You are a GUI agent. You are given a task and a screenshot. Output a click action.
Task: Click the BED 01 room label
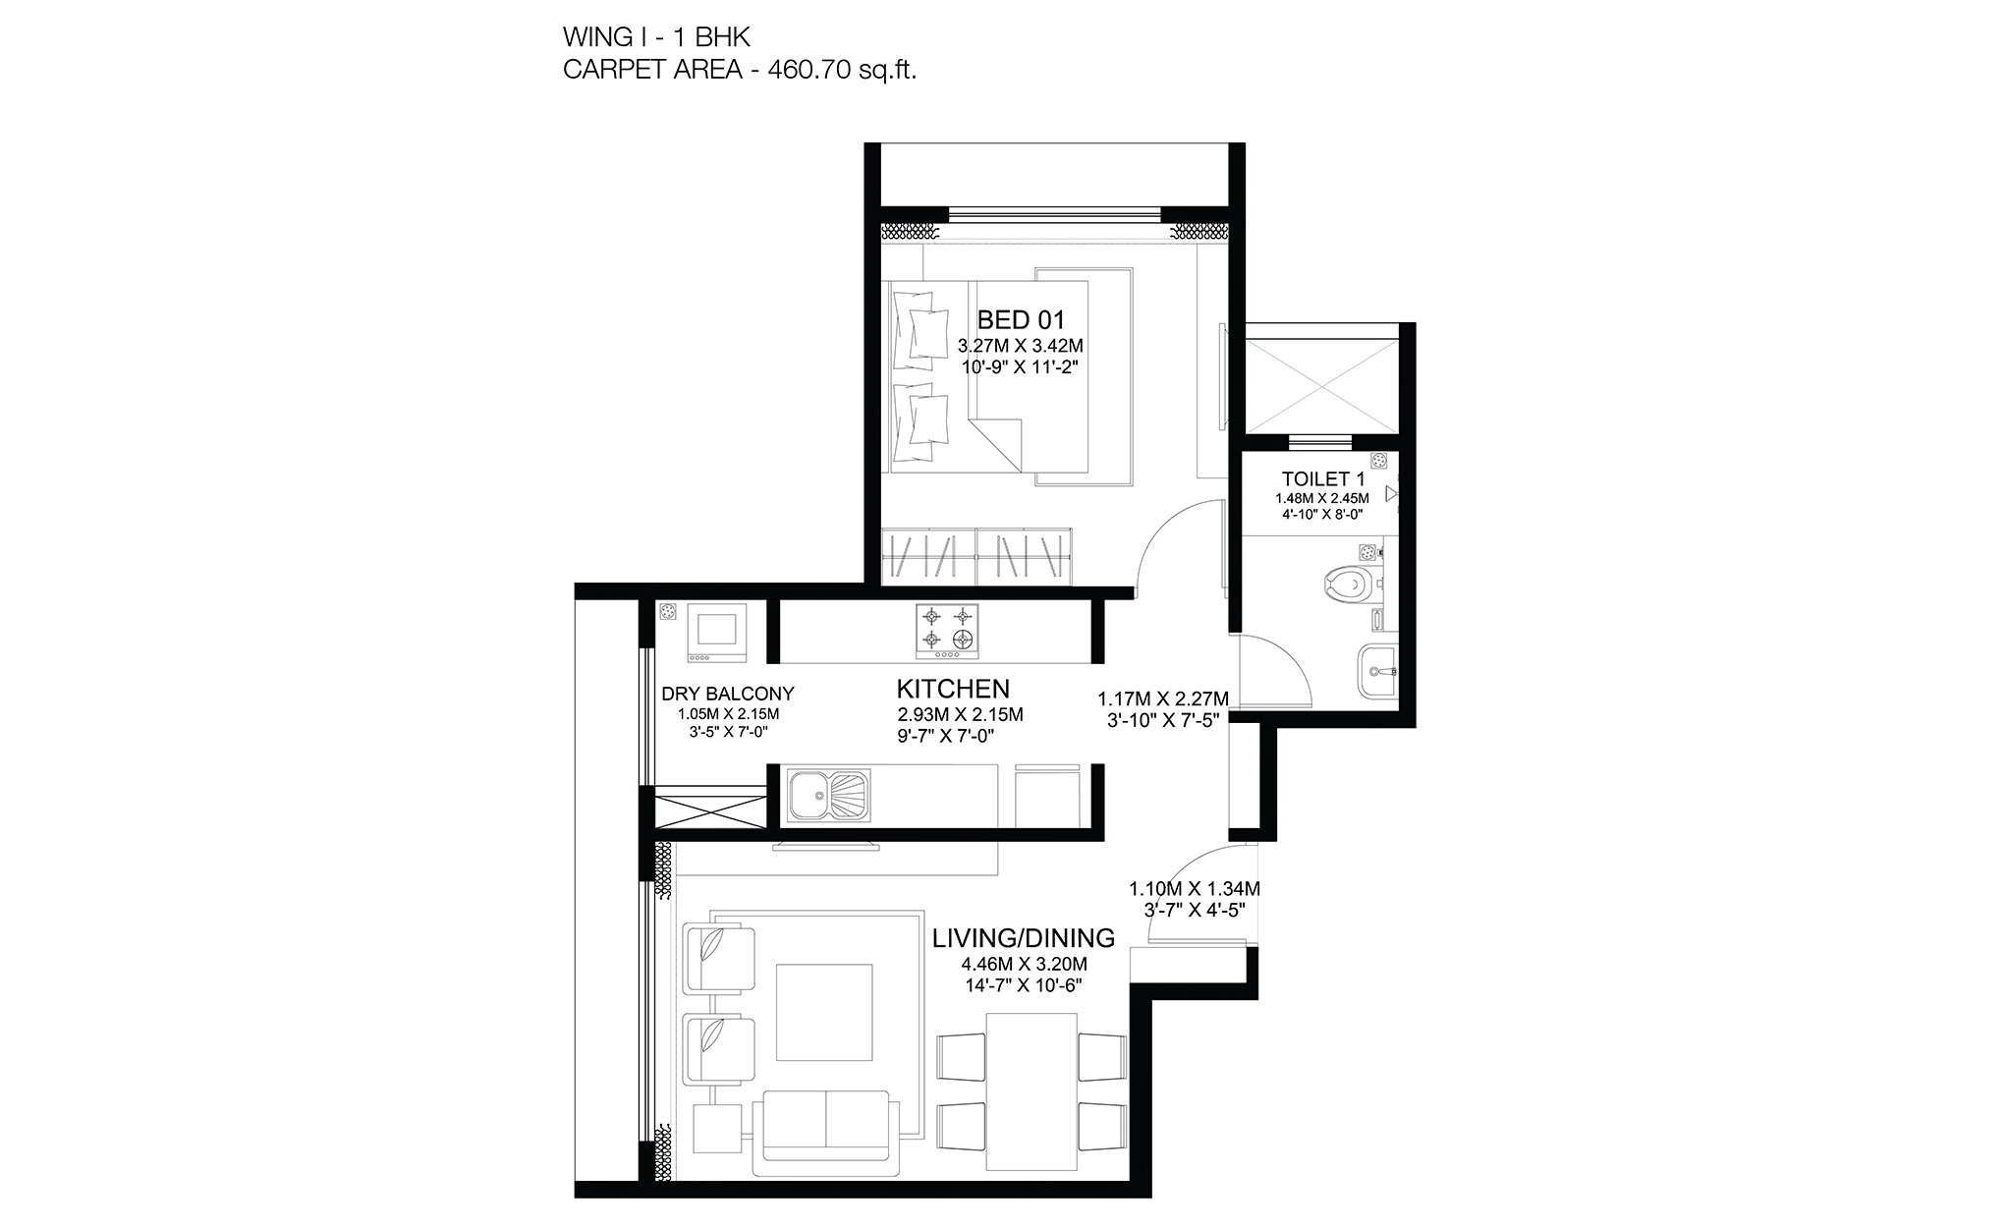click(x=1021, y=319)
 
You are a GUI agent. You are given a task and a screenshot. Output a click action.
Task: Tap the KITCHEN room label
click(x=953, y=688)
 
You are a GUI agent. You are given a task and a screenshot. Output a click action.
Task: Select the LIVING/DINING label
click(x=1024, y=938)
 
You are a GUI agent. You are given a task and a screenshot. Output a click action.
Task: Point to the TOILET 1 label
click(x=1323, y=479)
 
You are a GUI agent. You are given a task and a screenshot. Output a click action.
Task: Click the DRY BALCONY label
click(x=728, y=694)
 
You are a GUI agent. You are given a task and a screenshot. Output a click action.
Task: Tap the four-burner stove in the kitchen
click(x=948, y=631)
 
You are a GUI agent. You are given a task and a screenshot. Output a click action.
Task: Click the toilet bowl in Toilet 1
click(x=1347, y=586)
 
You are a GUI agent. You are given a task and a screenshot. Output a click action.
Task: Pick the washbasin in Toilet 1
click(x=1377, y=672)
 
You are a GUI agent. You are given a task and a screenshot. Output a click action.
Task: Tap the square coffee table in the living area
click(x=824, y=1012)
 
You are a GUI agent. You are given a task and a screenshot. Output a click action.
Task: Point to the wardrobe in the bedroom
click(x=976, y=556)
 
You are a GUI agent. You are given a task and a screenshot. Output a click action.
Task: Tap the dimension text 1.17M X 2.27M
click(x=1163, y=698)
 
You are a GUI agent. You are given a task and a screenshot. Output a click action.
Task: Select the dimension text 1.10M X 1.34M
click(x=1195, y=888)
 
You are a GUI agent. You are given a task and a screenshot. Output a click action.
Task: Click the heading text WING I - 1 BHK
click(x=656, y=37)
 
